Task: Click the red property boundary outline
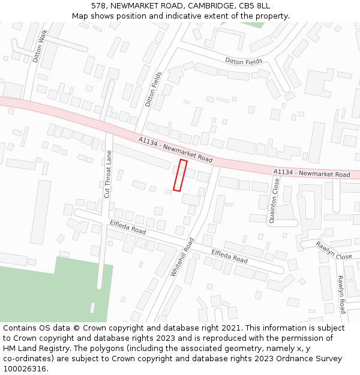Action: click(180, 175)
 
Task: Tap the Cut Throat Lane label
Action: click(108, 174)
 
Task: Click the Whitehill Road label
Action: click(182, 257)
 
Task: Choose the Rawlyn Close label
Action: click(334, 250)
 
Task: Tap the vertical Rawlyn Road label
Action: click(340, 294)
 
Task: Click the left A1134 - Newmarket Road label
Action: click(175, 150)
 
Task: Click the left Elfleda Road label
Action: click(128, 227)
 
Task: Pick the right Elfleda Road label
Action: click(229, 256)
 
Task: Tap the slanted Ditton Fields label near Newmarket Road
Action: click(154, 89)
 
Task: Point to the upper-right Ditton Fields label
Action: click(244, 61)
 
